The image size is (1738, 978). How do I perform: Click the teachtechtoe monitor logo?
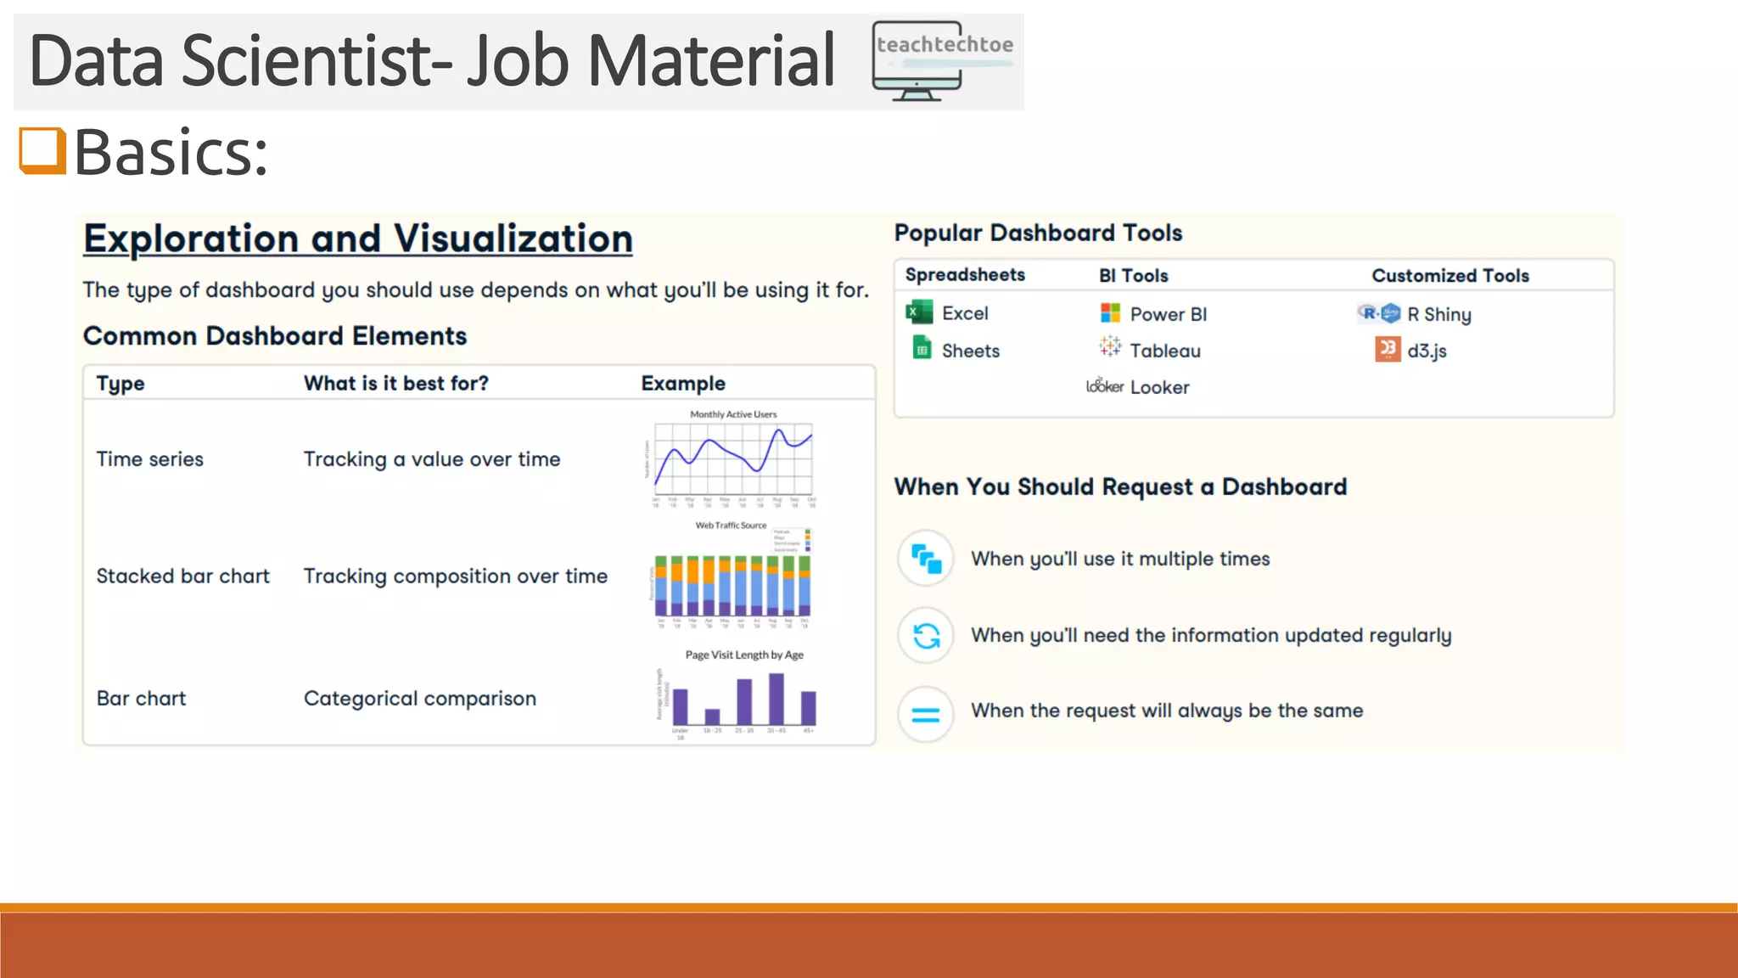pos(942,61)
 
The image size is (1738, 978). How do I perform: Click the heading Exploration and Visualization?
pos(357,239)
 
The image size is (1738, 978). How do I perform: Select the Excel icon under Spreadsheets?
pos(919,312)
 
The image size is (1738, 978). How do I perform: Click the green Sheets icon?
pos(922,348)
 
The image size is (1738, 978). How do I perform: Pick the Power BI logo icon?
pos(1110,313)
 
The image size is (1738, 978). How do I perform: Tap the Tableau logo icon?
pos(1110,346)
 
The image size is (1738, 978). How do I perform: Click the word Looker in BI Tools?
pos(1159,387)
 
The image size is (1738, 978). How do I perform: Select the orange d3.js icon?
pos(1388,349)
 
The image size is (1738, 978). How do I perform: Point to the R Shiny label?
pos(1438,314)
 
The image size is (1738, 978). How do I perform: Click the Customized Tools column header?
pos(1449,276)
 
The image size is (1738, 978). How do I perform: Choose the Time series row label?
pos(149,459)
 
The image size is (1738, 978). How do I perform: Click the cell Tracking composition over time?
pos(455,576)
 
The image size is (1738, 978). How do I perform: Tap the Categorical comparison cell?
pos(419,699)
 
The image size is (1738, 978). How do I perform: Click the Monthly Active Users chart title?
pos(733,414)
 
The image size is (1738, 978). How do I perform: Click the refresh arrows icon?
pos(926,635)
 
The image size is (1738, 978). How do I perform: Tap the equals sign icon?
pos(926,714)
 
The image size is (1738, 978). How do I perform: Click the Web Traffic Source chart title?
pos(731,526)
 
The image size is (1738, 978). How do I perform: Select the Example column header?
pos(682,384)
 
